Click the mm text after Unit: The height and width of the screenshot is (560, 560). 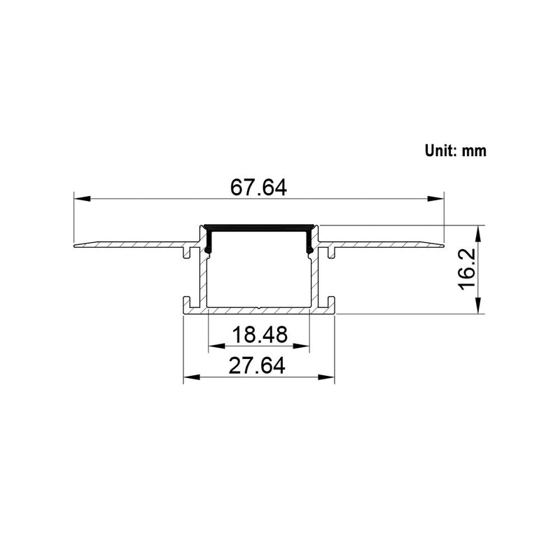[x=474, y=150]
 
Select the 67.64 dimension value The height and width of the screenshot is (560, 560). [x=258, y=188]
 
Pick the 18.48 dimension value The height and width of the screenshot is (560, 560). [x=260, y=335]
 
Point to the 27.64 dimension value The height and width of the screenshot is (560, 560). [x=259, y=366]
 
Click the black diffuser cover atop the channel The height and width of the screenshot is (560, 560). [x=258, y=227]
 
